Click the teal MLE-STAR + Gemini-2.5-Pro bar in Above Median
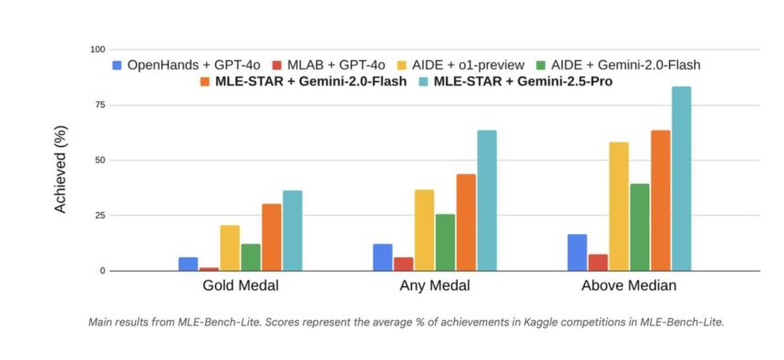pos(681,179)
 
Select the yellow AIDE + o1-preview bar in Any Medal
pos(424,230)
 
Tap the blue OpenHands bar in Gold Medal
pos(188,263)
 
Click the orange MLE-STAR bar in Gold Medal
pos(272,237)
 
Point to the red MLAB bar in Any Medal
pos(403,263)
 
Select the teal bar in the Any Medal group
pos(487,201)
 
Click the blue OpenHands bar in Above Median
pos(577,252)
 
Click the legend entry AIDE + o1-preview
pos(465,65)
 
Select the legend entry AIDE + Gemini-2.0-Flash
pos(619,65)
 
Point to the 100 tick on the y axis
pos(97,49)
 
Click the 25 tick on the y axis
pos(99,215)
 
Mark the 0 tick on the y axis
pos(103,271)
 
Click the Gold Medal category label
pos(241,286)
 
